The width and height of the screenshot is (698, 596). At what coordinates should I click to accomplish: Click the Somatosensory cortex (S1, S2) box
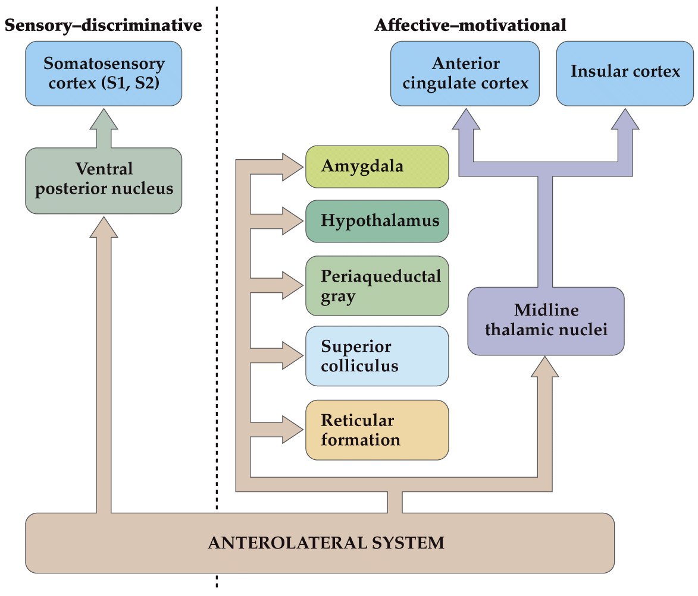point(104,73)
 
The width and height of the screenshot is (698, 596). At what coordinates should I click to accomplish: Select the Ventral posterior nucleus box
point(104,181)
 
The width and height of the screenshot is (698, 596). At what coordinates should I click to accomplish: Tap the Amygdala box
point(377,166)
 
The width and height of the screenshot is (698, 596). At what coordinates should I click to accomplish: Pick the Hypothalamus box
point(377,221)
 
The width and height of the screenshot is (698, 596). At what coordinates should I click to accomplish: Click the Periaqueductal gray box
point(377,286)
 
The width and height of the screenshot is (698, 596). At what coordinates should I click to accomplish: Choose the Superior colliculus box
point(377,355)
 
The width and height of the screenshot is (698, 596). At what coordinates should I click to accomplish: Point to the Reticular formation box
point(377,430)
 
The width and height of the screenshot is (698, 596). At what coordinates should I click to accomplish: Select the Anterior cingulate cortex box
point(465,73)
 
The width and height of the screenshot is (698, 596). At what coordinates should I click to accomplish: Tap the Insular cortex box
point(625,73)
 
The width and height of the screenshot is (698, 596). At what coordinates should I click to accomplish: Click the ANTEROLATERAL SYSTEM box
point(320,543)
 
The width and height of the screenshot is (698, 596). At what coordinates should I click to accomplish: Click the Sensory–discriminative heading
point(103,26)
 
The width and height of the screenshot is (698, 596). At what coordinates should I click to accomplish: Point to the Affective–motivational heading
point(470,26)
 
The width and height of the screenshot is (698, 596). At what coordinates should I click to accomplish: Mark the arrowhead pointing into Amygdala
point(293,166)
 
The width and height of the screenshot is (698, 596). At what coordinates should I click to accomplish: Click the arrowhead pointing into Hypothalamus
point(293,221)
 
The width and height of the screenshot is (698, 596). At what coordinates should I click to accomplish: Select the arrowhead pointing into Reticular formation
point(293,430)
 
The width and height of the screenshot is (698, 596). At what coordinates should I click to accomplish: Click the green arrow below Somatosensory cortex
point(104,127)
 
